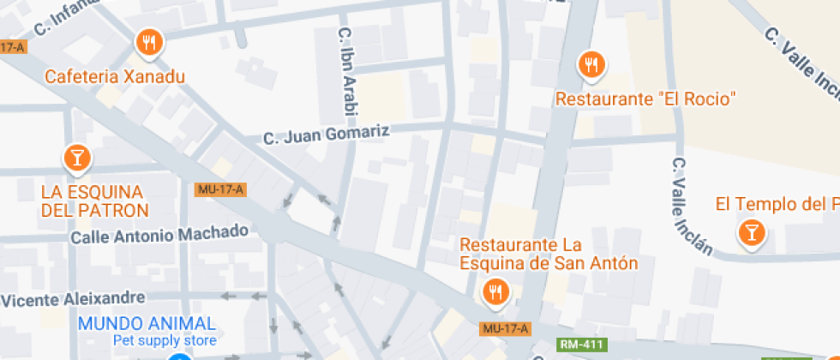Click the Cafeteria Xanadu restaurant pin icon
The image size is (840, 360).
pos(149,42)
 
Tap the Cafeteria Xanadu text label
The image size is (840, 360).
pos(115,77)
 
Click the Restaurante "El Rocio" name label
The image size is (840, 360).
pos(646,99)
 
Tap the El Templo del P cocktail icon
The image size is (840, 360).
pos(752,232)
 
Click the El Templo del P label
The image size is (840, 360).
pos(777,204)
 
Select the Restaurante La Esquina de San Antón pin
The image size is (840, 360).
pos(494,292)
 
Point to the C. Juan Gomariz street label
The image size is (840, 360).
pos(327,135)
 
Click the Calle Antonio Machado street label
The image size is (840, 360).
pos(159,233)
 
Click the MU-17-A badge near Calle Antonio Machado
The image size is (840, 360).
pos(220,189)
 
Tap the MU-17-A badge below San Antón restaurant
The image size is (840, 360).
pos(505,328)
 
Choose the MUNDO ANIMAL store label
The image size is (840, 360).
pos(147,323)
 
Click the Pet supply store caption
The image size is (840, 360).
pos(165,340)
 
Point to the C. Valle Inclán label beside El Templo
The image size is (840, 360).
pos(691,206)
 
